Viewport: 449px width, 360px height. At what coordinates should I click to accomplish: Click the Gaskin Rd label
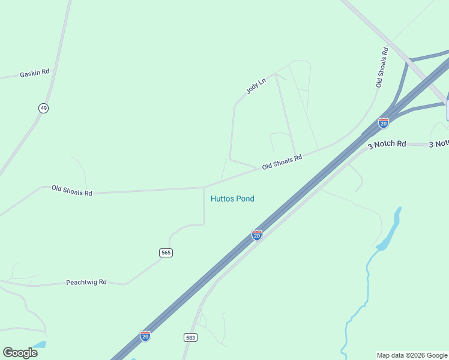point(34,73)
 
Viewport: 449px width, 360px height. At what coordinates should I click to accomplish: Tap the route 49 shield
point(43,108)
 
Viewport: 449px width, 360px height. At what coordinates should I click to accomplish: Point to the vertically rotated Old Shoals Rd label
point(382,67)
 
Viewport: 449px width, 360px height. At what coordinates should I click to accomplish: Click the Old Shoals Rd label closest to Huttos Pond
point(282,161)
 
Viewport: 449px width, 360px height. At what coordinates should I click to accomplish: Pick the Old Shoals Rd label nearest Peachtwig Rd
point(72,190)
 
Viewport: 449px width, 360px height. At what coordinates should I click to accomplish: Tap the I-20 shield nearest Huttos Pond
point(257,235)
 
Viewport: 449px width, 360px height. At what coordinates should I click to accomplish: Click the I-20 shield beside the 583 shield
point(145,336)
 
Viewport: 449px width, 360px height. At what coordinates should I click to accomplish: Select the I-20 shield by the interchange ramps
point(384,123)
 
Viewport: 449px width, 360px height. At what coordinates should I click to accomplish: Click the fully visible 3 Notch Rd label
point(387,144)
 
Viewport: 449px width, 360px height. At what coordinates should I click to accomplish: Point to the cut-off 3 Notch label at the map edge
point(439,144)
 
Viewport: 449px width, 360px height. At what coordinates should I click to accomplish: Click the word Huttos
point(221,199)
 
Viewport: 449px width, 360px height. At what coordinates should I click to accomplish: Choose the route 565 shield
point(166,253)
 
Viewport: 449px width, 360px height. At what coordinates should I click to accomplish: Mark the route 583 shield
point(190,338)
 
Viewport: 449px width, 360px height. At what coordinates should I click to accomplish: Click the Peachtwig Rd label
point(86,281)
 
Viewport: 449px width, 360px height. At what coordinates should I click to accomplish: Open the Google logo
point(20,352)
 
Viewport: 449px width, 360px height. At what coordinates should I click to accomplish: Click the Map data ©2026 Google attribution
point(412,355)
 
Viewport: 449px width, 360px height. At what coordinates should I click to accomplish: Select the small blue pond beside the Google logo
point(40,344)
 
